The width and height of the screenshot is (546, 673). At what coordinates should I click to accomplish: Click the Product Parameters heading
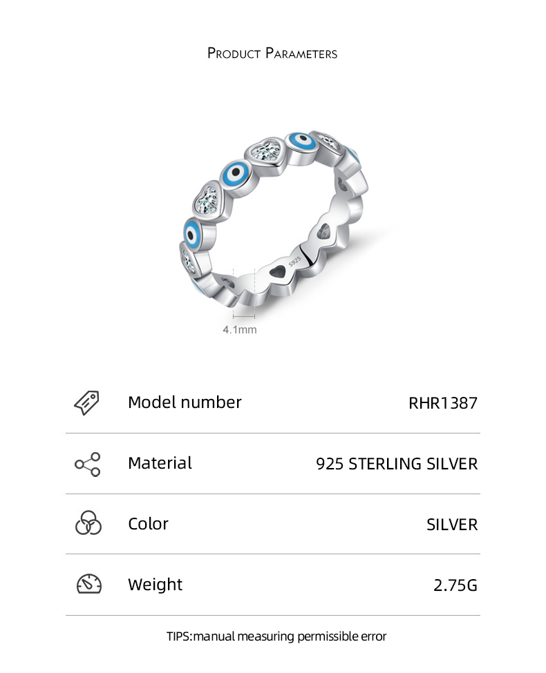pyautogui.click(x=272, y=53)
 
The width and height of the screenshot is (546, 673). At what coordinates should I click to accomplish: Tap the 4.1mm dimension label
pyautogui.click(x=240, y=330)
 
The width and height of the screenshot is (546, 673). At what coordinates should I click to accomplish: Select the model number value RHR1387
pyautogui.click(x=443, y=403)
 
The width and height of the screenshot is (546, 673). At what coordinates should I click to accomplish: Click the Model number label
pyautogui.click(x=185, y=402)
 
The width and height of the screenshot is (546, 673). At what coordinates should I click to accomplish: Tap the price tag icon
pyautogui.click(x=87, y=402)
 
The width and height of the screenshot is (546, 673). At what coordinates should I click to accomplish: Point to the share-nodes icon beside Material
pyautogui.click(x=88, y=464)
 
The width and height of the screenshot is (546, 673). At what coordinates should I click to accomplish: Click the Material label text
pyautogui.click(x=160, y=463)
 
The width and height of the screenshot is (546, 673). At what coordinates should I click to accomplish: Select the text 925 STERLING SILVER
pyautogui.click(x=397, y=464)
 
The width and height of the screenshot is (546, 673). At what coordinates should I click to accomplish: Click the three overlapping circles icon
pyautogui.click(x=88, y=524)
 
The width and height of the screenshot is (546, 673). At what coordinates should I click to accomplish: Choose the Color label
pyautogui.click(x=148, y=524)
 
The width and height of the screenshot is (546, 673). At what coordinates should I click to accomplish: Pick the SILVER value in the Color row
pyautogui.click(x=452, y=525)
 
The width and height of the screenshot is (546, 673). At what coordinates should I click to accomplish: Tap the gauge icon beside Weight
pyautogui.click(x=88, y=584)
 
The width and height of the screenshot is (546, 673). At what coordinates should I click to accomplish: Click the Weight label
pyautogui.click(x=156, y=585)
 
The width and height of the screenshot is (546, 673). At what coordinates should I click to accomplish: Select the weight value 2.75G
pyautogui.click(x=455, y=585)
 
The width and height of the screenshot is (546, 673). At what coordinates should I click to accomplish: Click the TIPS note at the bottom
pyautogui.click(x=276, y=636)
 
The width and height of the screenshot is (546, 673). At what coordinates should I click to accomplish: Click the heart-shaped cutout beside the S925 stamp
pyautogui.click(x=277, y=273)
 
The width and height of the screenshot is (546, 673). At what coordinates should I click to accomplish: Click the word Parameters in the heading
pyautogui.click(x=301, y=53)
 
